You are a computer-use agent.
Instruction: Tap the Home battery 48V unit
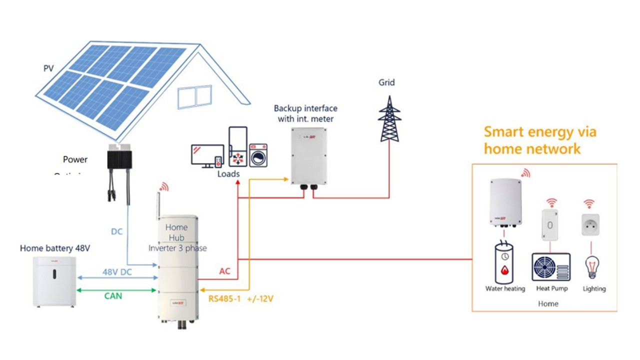pyautogui.click(x=54, y=280)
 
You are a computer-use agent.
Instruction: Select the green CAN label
pyautogui.click(x=112, y=296)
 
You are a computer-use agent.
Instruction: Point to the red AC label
pyautogui.click(x=224, y=271)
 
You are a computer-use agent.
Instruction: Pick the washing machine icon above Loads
pyautogui.click(x=258, y=155)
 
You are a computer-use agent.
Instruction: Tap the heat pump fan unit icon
pyautogui.click(x=550, y=267)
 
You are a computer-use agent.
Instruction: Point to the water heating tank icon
pyautogui.click(x=505, y=262)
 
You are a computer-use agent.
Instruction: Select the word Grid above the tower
pyautogui.click(x=386, y=82)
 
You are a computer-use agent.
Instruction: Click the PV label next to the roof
pyautogui.click(x=48, y=67)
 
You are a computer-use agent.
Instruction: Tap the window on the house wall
pyautogui.click(x=194, y=96)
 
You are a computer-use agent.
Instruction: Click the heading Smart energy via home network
pyautogui.click(x=539, y=140)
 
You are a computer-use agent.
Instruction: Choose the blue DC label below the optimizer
pyautogui.click(x=116, y=232)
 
